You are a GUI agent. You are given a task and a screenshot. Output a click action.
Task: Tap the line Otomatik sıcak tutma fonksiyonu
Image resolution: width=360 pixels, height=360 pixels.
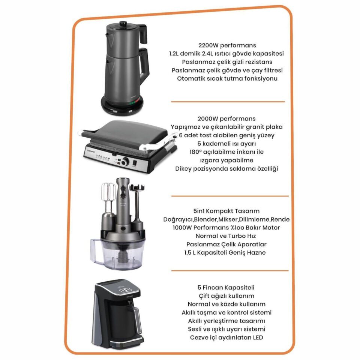pos(227,78)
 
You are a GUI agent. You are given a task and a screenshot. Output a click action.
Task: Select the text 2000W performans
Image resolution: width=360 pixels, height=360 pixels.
pos(226,119)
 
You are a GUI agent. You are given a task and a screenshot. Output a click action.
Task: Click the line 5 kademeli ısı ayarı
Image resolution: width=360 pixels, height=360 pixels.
pos(226,144)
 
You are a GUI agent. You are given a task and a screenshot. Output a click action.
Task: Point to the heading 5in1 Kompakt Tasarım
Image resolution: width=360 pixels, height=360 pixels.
pos(226,211)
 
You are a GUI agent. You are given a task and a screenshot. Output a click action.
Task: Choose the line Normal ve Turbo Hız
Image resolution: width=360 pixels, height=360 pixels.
pos(226,236)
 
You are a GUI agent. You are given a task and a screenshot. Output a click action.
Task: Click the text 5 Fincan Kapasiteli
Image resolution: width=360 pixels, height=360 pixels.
pos(226,288)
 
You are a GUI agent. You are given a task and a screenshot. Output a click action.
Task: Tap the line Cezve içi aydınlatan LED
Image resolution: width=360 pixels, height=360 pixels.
pos(226,338)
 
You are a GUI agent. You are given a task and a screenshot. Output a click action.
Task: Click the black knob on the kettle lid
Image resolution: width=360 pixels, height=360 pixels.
pos(123,24)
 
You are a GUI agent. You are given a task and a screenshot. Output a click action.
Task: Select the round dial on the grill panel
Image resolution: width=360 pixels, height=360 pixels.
pos(125,162)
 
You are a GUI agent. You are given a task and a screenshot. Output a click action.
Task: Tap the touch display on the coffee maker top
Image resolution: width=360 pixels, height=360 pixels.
pos(124,290)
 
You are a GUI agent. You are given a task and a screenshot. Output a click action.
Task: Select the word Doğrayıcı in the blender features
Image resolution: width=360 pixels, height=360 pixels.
pos(178,220)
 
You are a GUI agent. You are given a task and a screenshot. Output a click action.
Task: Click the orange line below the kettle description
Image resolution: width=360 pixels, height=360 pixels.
pos(228,102)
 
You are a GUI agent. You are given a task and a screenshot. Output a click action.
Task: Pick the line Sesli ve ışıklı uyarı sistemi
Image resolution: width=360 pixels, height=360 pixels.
pos(226,329)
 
